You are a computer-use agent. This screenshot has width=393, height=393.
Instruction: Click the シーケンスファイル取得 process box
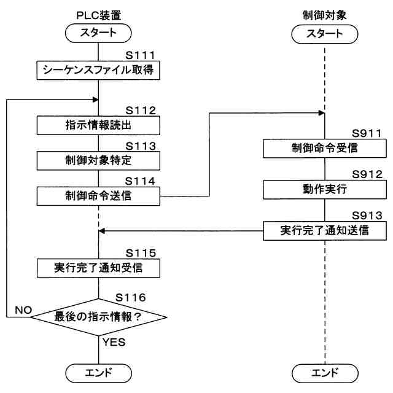point(98,71)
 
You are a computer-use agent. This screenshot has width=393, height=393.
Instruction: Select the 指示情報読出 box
point(98,125)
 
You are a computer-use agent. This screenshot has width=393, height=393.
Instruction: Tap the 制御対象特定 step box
point(98,161)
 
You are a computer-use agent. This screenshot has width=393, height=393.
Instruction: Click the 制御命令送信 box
point(98,196)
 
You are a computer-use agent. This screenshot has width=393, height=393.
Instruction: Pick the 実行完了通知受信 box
point(98,268)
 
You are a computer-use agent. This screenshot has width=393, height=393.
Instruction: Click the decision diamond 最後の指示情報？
point(98,317)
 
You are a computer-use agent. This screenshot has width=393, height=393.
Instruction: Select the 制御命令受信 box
point(325,148)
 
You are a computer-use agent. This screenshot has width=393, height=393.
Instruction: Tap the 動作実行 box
point(325,189)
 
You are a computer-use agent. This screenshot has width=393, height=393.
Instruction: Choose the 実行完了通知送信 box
point(325,230)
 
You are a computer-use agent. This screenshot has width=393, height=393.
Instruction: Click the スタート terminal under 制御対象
point(325,34)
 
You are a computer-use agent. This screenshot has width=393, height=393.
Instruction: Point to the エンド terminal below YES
point(98,372)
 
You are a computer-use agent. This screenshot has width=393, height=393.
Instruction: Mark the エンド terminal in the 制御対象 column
point(325,372)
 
